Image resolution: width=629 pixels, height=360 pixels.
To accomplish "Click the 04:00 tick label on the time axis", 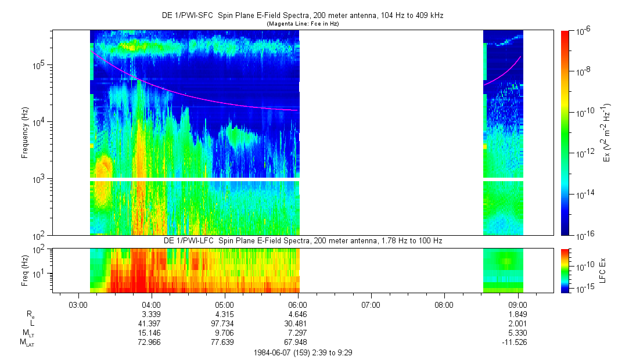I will [x=151, y=303].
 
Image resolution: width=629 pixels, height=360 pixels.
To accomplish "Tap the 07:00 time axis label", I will [x=371, y=303].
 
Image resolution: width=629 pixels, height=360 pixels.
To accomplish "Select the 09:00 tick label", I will [x=517, y=303].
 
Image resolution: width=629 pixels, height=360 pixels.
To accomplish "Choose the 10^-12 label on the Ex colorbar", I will [x=583, y=153].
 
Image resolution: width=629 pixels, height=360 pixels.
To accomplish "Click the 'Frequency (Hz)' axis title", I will [x=25, y=133].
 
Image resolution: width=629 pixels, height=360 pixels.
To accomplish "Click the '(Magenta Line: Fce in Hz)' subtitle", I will [x=302, y=24].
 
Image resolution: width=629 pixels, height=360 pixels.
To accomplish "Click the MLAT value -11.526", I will [x=517, y=343].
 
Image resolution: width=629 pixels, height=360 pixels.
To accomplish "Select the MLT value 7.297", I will [x=297, y=333].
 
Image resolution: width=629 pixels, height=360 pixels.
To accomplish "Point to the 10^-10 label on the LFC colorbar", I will [x=583, y=265].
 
